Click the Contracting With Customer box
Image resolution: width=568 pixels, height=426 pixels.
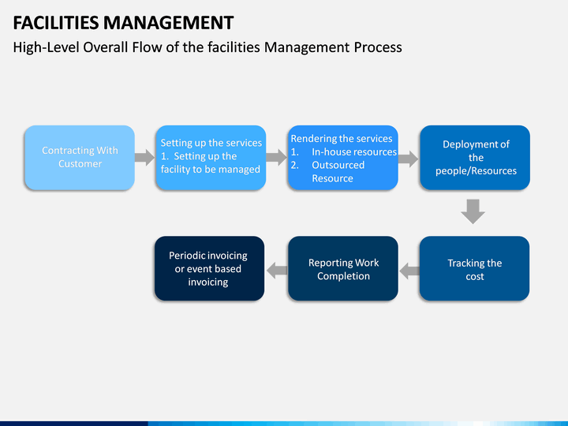(80, 158)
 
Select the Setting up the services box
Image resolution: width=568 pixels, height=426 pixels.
(211, 158)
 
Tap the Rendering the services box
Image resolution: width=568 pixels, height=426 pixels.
(343, 158)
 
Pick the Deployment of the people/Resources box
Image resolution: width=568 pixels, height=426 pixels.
(475, 158)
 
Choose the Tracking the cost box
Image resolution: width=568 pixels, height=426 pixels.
(475, 268)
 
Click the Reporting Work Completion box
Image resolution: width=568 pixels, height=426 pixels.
(343, 268)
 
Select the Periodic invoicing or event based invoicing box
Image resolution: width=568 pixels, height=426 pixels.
(209, 268)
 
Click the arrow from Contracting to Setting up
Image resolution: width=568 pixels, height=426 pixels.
(144, 158)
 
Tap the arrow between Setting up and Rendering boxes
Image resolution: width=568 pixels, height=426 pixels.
(276, 158)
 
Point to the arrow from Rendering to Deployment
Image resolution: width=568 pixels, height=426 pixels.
(409, 159)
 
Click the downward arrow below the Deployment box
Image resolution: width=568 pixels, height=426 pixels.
(473, 211)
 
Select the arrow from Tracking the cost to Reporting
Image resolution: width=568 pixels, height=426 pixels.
(409, 271)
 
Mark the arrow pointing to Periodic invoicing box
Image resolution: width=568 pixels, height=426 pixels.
(277, 271)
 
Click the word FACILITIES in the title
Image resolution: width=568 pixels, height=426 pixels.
(56, 23)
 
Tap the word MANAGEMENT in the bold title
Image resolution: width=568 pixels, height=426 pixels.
(169, 23)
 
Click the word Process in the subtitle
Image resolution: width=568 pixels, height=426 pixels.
(378, 47)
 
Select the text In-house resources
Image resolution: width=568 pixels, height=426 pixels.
(354, 151)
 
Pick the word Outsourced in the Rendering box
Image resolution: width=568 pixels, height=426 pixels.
(338, 165)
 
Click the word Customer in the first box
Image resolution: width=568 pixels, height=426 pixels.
(80, 164)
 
